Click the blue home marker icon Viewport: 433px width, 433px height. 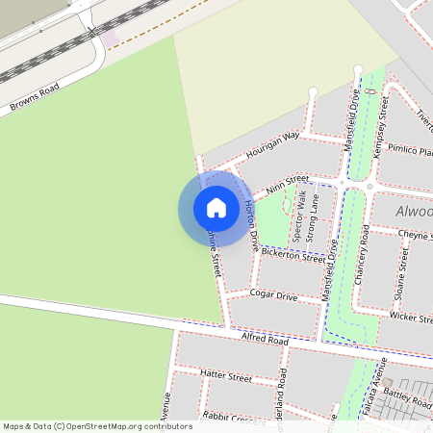click(x=216, y=208)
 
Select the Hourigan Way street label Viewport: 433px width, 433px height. click(x=273, y=145)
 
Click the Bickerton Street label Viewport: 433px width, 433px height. click(x=293, y=256)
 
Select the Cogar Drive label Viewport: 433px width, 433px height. click(x=273, y=295)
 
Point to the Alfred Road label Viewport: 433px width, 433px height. click(x=265, y=340)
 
